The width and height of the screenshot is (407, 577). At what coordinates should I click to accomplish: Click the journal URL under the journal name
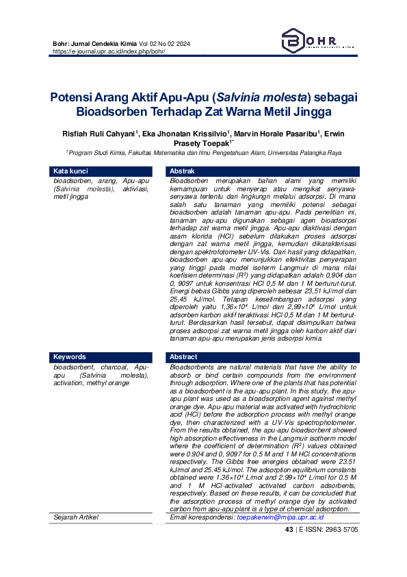click(x=109, y=51)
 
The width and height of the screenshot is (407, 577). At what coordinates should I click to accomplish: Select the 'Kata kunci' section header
click(x=71, y=171)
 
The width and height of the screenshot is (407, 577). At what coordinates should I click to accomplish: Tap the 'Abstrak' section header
click(x=183, y=171)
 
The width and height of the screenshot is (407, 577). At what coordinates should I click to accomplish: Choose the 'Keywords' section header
click(x=70, y=357)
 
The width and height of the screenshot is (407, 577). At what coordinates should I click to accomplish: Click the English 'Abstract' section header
click(x=183, y=357)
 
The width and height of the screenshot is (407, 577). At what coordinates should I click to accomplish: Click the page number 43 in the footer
click(x=289, y=529)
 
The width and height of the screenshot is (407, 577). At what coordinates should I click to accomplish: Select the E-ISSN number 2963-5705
click(x=335, y=529)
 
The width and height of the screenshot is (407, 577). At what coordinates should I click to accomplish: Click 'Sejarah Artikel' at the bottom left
click(x=76, y=517)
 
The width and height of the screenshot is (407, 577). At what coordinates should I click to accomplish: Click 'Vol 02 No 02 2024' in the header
click(x=165, y=44)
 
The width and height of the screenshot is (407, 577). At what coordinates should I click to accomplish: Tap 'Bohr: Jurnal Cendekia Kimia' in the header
click(x=94, y=44)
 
